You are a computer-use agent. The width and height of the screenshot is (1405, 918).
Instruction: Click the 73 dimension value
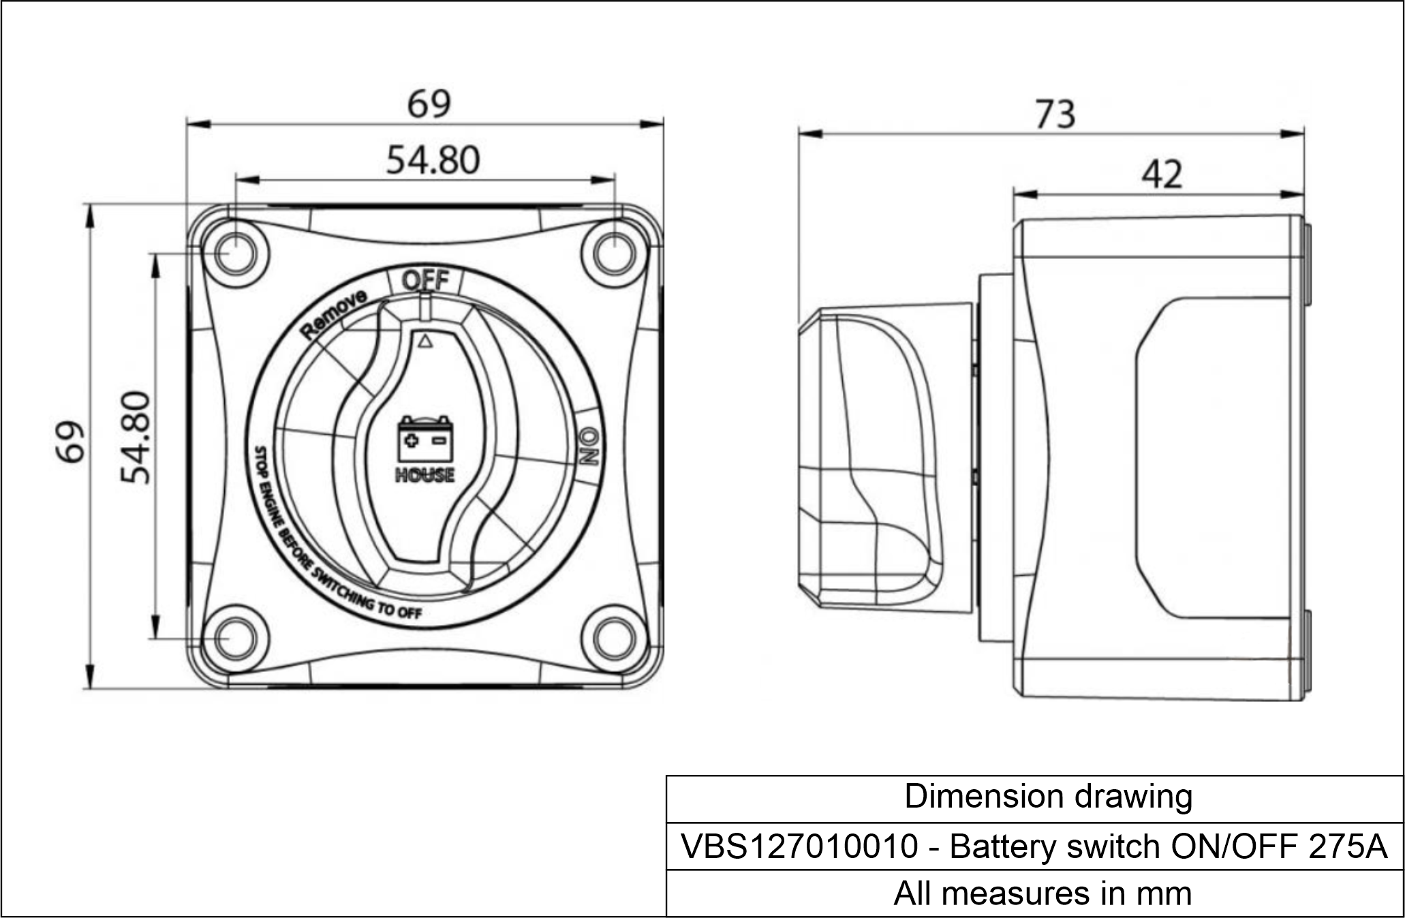(x=1055, y=114)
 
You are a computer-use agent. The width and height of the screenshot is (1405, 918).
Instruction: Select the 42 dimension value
(x=1162, y=174)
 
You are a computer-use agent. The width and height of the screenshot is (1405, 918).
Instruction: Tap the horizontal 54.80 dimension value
(x=433, y=161)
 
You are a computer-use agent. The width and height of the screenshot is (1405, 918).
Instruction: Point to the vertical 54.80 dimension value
(x=135, y=437)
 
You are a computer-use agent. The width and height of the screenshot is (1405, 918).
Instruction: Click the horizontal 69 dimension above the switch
(x=429, y=104)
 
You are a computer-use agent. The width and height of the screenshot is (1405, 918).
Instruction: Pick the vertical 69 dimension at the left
(x=71, y=442)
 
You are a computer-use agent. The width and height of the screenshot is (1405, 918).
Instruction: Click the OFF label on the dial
(x=425, y=280)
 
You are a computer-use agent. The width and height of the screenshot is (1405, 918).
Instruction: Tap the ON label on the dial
(x=589, y=446)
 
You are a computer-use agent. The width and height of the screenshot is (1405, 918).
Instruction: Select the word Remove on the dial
(x=335, y=313)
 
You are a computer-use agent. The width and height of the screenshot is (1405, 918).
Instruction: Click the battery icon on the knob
(x=425, y=440)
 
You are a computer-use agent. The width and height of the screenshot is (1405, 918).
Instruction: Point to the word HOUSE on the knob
(x=424, y=475)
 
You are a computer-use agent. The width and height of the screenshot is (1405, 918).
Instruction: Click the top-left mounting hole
(x=234, y=254)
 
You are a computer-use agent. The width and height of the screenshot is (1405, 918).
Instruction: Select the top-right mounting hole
(x=615, y=254)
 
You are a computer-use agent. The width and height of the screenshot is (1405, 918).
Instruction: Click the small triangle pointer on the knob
(x=424, y=341)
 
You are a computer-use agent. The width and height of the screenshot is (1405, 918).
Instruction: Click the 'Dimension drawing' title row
(x=1047, y=797)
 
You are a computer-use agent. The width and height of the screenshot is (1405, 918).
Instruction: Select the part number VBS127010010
(x=799, y=846)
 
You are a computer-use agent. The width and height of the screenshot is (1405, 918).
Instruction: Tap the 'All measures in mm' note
(x=1042, y=893)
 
